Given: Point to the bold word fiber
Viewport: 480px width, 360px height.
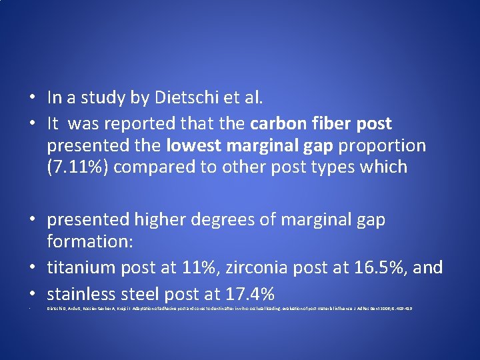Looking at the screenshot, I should point(337,123).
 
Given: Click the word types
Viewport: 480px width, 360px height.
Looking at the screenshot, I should point(329,166).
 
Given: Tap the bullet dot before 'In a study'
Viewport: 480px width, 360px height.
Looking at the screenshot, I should point(32,99).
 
